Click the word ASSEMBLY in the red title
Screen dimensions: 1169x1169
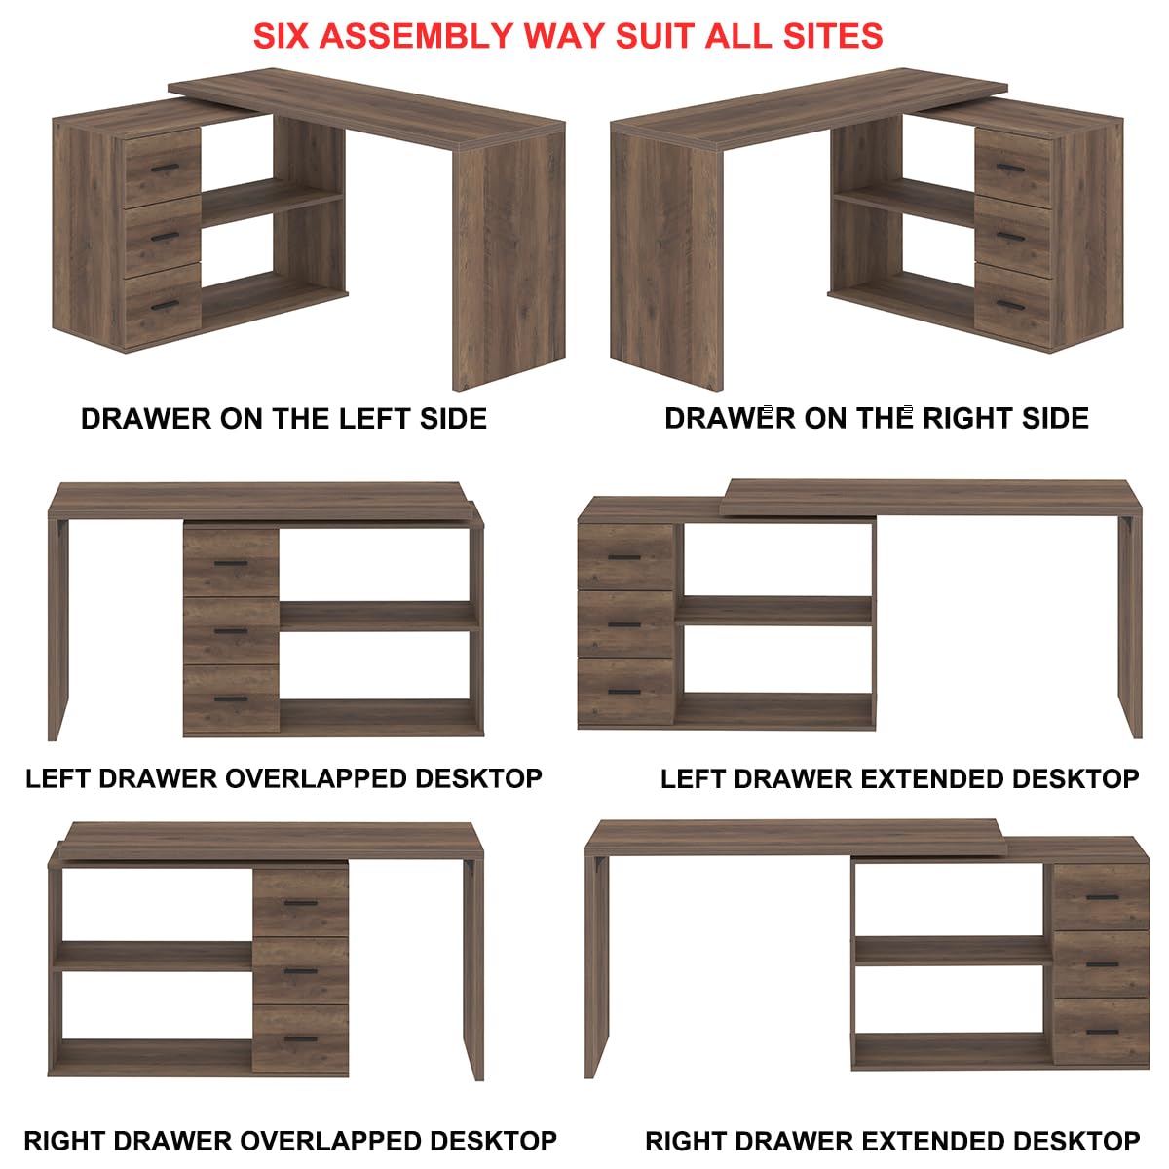(x=417, y=36)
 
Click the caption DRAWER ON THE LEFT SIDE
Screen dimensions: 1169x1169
(x=283, y=419)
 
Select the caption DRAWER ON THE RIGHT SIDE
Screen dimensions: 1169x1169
(x=876, y=418)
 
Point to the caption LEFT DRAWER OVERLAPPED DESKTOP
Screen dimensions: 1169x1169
(x=283, y=779)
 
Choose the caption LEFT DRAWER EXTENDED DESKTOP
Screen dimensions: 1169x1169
(x=899, y=779)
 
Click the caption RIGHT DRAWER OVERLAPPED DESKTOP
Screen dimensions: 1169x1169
(x=290, y=1141)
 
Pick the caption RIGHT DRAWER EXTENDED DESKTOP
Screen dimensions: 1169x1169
(x=891, y=1141)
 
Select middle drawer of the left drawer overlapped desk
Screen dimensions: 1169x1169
(x=231, y=630)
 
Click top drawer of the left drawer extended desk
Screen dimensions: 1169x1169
(x=625, y=557)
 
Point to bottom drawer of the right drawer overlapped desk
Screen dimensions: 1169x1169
(x=301, y=1038)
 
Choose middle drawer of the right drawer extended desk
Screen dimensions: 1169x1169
(x=1101, y=963)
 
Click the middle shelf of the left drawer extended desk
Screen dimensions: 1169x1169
(x=774, y=611)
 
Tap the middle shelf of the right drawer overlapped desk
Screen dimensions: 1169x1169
(x=153, y=956)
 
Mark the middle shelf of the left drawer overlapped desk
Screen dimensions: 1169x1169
(x=379, y=616)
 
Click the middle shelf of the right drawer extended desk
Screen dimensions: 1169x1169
(x=953, y=951)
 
